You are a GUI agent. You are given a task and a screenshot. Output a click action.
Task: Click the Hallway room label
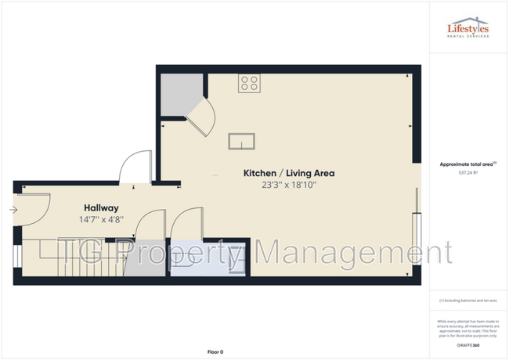click(101, 208)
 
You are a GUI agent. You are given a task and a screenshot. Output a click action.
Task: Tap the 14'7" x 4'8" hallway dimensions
click(101, 221)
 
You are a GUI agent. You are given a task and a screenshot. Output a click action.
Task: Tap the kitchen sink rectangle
click(242, 141)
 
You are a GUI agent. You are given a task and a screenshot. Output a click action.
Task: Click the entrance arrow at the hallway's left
click(14, 210)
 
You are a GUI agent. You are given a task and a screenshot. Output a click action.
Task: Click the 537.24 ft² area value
click(467, 173)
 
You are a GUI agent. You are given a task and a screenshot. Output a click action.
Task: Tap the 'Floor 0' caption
click(215, 352)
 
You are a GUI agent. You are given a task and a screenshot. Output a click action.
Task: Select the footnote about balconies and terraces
click(467, 301)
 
